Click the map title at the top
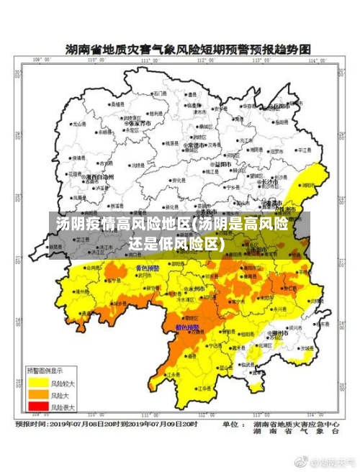[187, 50]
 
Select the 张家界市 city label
[137, 123]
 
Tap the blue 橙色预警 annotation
[187, 327]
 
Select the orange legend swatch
[37, 394]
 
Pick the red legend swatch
[37, 407]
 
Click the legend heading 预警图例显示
[45, 370]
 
